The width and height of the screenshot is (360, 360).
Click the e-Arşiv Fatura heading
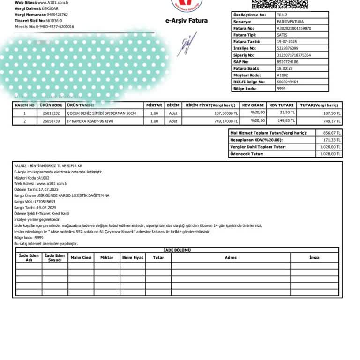186,21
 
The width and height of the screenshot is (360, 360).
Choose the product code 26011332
51,113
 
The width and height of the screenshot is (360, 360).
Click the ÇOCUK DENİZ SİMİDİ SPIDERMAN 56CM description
101,113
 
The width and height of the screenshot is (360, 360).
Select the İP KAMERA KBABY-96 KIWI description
90,121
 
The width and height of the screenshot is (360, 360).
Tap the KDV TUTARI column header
281,105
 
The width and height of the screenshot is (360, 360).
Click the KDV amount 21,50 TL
287,113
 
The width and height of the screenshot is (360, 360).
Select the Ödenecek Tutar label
247,154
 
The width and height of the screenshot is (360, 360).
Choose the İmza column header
314,257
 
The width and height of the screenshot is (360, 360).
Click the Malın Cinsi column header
81,257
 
